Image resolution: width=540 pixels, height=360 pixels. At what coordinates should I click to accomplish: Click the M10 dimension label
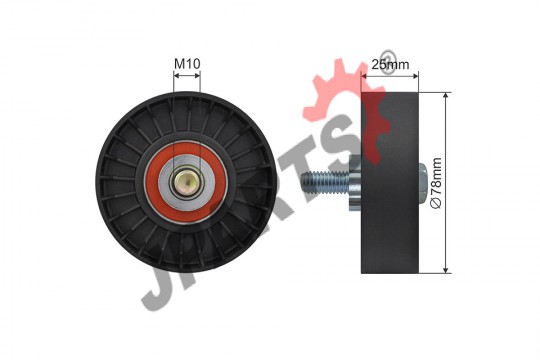tap(187, 63)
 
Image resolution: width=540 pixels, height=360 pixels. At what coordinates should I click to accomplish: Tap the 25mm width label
tap(390, 64)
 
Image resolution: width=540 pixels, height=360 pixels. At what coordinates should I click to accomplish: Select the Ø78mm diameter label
tap(436, 183)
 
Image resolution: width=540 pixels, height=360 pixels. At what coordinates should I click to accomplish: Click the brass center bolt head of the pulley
tap(186, 182)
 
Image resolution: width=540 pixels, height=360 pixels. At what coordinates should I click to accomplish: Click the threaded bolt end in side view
tap(325, 182)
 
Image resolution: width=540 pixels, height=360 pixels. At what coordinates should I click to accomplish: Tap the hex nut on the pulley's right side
tap(423, 182)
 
